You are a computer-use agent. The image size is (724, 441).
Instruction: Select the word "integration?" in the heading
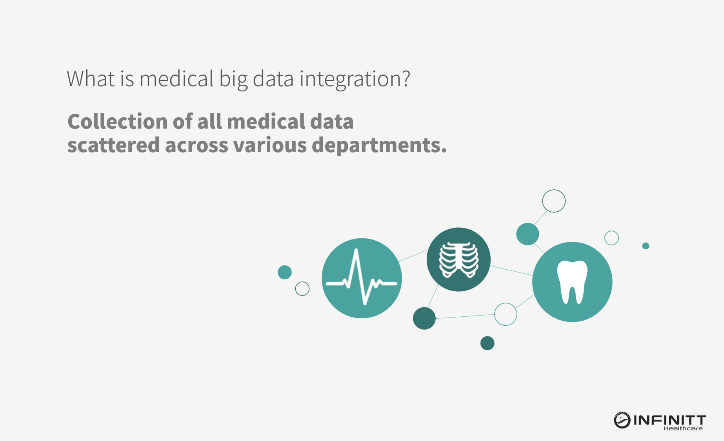coord(355,80)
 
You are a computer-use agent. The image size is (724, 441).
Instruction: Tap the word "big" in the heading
coord(233,80)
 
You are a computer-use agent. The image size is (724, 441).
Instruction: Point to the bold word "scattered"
coord(114,145)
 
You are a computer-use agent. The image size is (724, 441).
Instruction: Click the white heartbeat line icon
coord(362,277)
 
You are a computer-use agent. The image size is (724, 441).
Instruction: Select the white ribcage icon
coord(458,260)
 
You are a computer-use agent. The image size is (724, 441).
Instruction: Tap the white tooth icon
coord(572,282)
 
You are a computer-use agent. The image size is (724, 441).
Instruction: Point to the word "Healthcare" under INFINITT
coord(683,428)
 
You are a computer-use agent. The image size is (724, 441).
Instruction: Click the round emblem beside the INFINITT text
coord(622,420)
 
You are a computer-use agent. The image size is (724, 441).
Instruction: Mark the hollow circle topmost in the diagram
coord(554,190)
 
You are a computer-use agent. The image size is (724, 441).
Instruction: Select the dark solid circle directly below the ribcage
coord(424,318)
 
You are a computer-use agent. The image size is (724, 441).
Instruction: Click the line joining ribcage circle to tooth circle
coord(511,271)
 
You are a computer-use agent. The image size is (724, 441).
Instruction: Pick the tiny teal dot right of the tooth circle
coord(646,246)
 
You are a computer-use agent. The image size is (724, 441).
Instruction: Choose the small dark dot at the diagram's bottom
coord(487,343)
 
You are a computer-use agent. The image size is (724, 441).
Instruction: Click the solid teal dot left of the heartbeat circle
coord(285,272)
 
